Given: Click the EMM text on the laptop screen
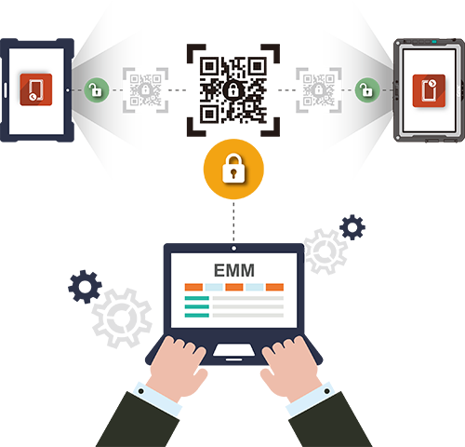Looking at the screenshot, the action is [x=234, y=270].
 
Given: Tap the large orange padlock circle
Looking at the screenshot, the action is [x=233, y=169].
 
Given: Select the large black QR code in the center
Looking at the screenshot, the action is [x=233, y=90].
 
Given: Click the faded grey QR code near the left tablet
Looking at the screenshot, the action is [x=145, y=90].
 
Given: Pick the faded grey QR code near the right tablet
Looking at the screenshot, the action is [x=319, y=90].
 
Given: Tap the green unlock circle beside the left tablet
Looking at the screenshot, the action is [x=97, y=90].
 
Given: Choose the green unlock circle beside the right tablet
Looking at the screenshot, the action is [x=367, y=90].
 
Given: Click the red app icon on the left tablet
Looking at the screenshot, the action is [x=36, y=89].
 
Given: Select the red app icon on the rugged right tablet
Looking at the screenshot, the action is [x=429, y=90].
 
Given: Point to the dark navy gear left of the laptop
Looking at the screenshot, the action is [x=85, y=287].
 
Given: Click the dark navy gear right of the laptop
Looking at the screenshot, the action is [x=352, y=227].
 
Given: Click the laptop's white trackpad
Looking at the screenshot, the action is [x=234, y=350].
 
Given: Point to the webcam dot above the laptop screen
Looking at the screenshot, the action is [x=234, y=249].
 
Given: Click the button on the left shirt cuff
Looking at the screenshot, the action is [x=140, y=391].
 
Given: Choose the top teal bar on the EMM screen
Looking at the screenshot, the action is [x=197, y=298].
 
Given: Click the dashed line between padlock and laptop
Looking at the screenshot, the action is [x=233, y=222].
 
